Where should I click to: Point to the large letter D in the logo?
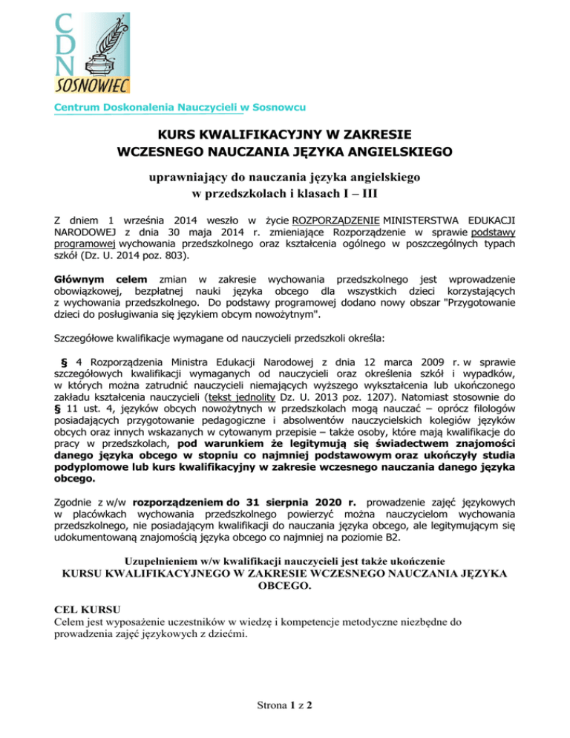(65, 42)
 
